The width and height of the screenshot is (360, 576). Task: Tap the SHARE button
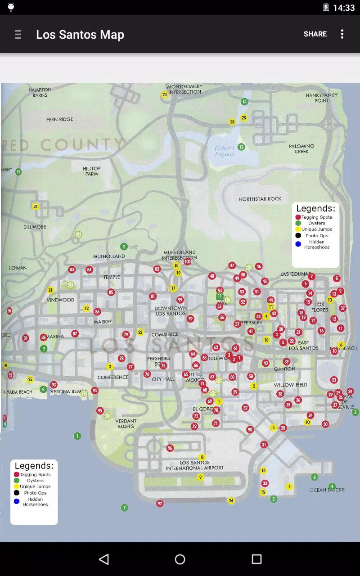[315, 34]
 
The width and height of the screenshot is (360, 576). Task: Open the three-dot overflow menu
[342, 34]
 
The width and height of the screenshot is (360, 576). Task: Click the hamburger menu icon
[18, 35]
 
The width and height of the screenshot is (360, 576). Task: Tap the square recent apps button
[256, 559]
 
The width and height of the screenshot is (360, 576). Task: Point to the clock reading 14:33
[344, 8]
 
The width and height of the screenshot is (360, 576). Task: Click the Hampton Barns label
[40, 92]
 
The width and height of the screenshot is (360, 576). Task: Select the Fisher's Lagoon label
[224, 151]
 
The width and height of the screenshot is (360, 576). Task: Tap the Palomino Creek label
[301, 149]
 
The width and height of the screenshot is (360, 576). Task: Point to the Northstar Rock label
[260, 199]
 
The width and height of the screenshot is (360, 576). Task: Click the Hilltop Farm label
[92, 171]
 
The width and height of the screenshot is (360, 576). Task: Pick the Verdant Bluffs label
[126, 423]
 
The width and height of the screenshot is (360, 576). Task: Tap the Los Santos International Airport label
[194, 465]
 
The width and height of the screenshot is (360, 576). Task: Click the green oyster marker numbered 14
[244, 102]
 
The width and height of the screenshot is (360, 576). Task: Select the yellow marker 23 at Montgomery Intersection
[165, 94]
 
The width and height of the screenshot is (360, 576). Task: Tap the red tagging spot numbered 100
[188, 262]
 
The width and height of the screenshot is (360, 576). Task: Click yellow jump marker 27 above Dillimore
[36, 207]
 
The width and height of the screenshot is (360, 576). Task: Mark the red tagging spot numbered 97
[160, 504]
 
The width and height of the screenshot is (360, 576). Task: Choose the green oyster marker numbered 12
[241, 147]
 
